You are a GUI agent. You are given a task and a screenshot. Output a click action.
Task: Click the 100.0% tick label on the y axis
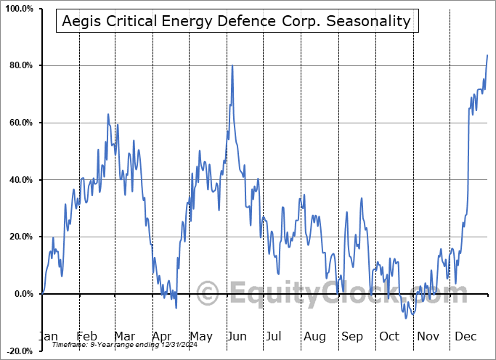pyautogui.click(x=18, y=9)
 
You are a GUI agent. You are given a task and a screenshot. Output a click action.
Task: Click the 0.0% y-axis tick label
pyautogui.click(x=23, y=294)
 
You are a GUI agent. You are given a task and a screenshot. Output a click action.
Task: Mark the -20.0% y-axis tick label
pyautogui.click(x=19, y=351)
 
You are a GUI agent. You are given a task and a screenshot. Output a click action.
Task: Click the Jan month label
pyautogui.click(x=48, y=336)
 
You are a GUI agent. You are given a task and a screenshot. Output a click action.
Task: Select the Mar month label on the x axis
pyautogui.click(x=124, y=336)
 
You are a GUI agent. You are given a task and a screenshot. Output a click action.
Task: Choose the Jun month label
pyautogui.click(x=238, y=336)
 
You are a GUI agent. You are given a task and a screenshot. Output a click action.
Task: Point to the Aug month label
pyautogui.click(x=314, y=336)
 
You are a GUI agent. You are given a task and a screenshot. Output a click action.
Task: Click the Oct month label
pyautogui.click(x=390, y=336)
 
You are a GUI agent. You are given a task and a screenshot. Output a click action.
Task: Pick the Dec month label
pyautogui.click(x=465, y=336)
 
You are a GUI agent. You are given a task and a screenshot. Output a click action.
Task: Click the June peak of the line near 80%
pyautogui.click(x=232, y=66)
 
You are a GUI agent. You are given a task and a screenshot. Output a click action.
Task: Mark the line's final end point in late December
pyautogui.click(x=487, y=55)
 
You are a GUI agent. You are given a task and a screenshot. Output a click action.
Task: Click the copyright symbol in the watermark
pyautogui.click(x=208, y=293)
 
